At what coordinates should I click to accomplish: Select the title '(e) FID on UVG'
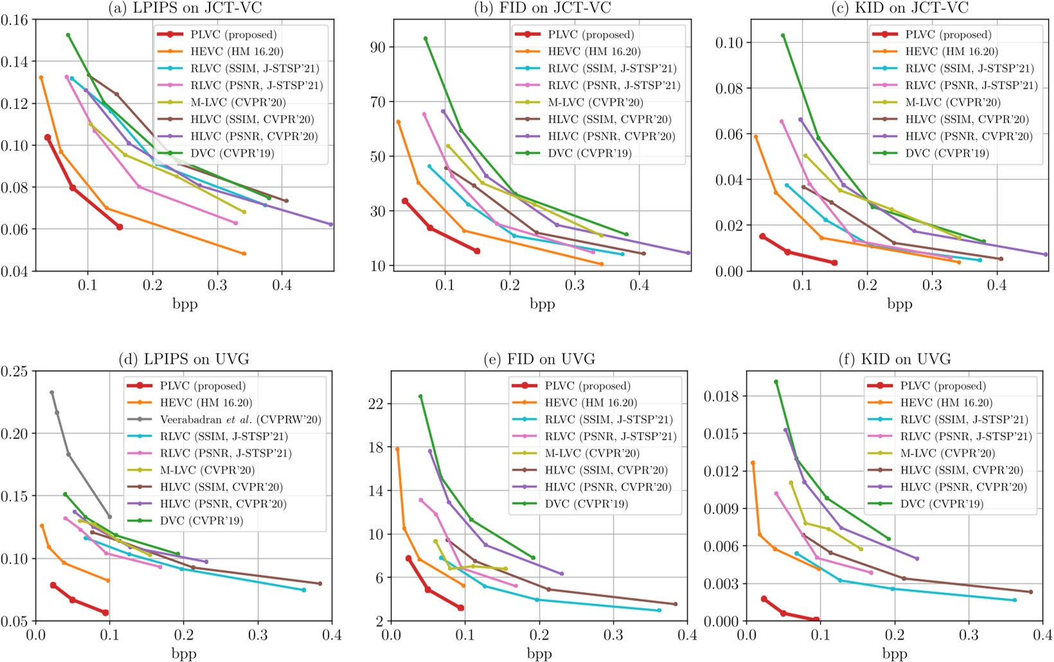(x=539, y=359)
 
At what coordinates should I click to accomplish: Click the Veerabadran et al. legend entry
(x=240, y=420)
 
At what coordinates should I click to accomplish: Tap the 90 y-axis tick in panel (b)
(x=379, y=48)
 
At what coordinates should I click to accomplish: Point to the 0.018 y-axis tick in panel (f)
(x=724, y=396)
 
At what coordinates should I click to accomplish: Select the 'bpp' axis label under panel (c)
(x=900, y=303)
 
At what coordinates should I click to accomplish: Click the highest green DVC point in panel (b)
(x=425, y=39)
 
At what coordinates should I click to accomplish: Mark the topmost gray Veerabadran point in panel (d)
(x=52, y=393)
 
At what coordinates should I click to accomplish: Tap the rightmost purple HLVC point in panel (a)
(x=331, y=224)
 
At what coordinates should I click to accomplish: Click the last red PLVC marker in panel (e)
(x=461, y=607)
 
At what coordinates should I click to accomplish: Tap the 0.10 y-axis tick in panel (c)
(x=730, y=43)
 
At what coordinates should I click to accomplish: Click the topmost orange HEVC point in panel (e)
(x=397, y=449)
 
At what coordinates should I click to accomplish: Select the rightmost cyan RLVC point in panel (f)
(x=1015, y=600)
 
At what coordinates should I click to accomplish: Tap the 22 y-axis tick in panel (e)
(x=375, y=404)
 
